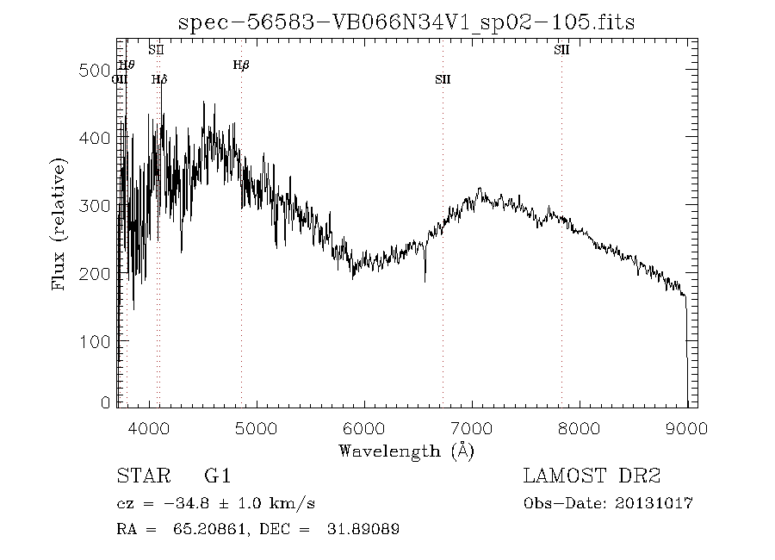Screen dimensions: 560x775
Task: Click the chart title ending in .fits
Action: (406, 22)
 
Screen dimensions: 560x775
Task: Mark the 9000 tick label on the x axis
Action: (686, 427)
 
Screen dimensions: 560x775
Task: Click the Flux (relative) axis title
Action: (59, 223)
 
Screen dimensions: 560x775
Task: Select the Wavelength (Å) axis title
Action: (406, 451)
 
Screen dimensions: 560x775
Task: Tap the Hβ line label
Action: (241, 65)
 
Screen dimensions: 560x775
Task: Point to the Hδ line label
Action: (159, 80)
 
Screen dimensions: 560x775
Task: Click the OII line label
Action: (120, 80)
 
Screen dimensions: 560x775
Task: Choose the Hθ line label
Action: (127, 65)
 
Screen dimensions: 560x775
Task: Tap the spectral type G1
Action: (217, 476)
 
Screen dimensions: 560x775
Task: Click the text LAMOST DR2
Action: (591, 476)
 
